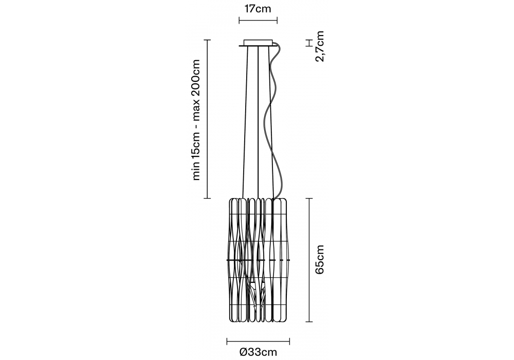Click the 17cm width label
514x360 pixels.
(258, 9)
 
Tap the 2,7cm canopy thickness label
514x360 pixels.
(320, 46)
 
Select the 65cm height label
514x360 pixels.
(320, 259)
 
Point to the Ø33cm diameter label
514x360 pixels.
(258, 352)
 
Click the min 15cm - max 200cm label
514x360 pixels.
(196, 119)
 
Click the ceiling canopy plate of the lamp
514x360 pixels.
(258, 43)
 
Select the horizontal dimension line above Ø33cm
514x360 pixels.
(258, 340)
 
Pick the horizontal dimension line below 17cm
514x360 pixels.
(258, 22)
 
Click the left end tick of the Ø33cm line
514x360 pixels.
(227, 340)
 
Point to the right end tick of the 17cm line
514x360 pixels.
(277, 22)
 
